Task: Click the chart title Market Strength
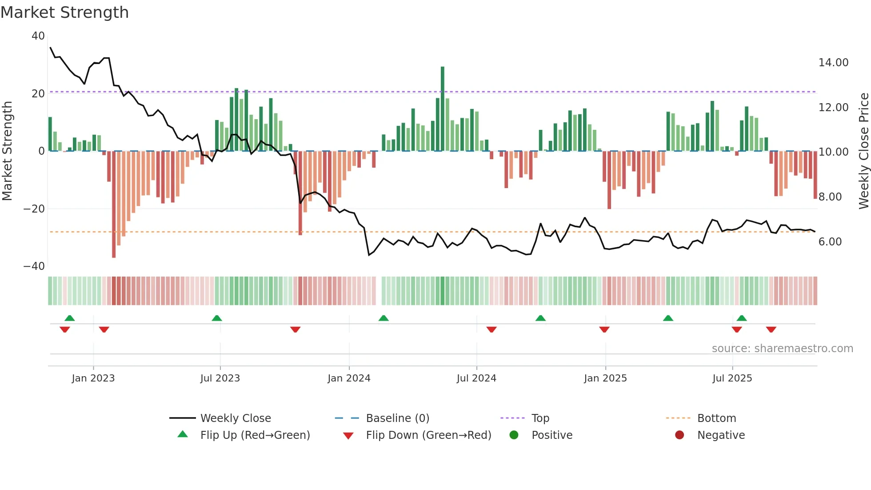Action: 64,12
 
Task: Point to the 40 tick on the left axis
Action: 38,36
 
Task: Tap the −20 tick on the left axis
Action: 34,209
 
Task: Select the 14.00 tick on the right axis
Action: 833,63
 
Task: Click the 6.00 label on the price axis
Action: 830,242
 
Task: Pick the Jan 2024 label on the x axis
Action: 349,378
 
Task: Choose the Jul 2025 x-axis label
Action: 732,378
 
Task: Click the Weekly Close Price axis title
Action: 863,151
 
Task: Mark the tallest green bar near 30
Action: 443,109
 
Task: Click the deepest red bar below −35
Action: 114,205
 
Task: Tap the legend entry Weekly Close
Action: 235,418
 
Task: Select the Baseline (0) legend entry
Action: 397,418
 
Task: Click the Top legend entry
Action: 540,418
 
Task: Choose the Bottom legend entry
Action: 716,418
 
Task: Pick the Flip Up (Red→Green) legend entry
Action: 255,435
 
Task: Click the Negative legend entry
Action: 720,435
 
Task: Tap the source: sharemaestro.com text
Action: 782,349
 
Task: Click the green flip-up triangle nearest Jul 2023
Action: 217,318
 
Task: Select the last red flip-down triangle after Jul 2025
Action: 771,329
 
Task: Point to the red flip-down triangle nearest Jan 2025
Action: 604,329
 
